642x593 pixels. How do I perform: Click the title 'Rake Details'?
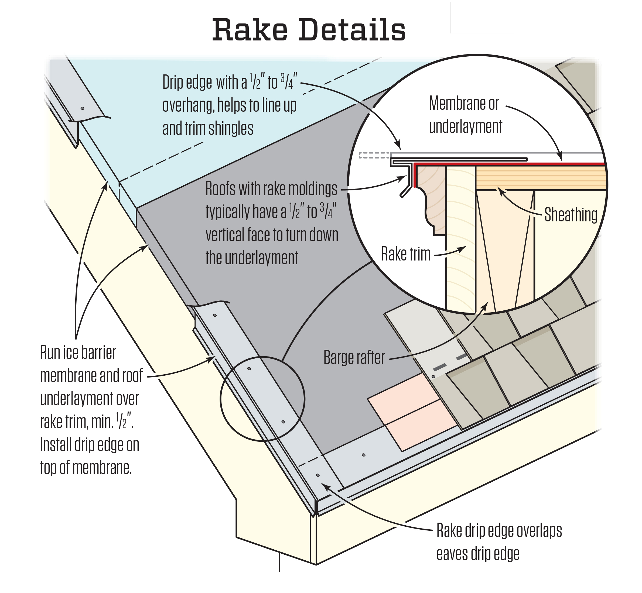[x=309, y=30]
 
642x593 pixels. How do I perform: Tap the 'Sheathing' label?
[x=571, y=215]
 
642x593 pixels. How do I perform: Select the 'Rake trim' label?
[x=406, y=254]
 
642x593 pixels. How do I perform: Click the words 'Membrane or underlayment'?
[x=466, y=115]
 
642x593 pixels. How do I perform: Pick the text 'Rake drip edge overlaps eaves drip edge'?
[x=499, y=542]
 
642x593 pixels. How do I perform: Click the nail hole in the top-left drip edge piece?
[x=82, y=108]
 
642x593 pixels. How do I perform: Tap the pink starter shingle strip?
[x=412, y=412]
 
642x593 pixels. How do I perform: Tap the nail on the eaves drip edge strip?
[x=363, y=455]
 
